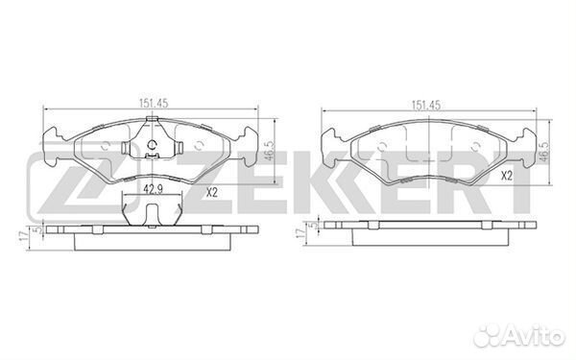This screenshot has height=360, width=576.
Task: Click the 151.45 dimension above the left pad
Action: [154, 108]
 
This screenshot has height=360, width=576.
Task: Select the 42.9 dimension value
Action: [152, 189]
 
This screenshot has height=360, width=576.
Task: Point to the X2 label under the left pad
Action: [214, 193]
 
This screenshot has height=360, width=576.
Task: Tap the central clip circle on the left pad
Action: [154, 148]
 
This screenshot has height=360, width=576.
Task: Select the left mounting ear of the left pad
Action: [56, 136]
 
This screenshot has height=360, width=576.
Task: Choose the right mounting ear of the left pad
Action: [252, 136]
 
